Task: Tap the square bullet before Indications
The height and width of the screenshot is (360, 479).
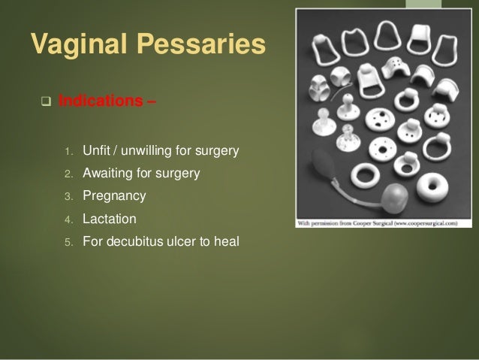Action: (44, 102)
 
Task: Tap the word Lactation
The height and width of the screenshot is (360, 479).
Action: (110, 219)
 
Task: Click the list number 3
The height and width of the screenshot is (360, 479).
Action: (67, 197)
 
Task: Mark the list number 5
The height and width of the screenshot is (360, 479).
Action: (67, 242)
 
